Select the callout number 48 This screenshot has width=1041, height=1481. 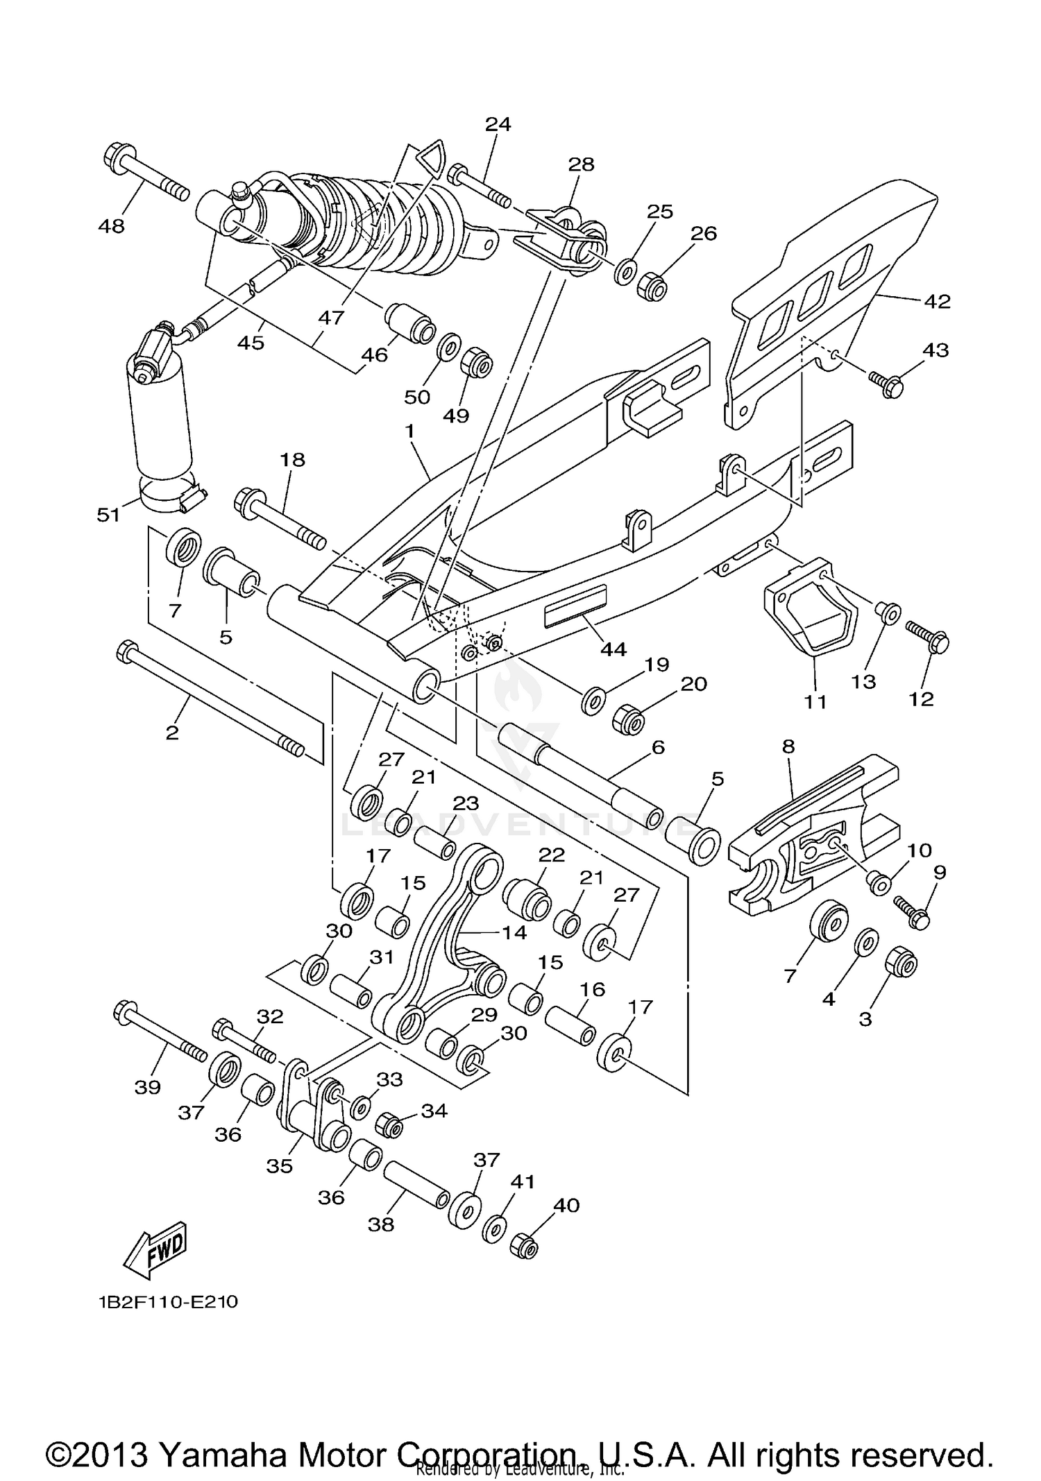[x=112, y=225]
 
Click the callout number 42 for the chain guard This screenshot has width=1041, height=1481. [x=937, y=301]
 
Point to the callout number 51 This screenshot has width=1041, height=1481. [x=109, y=514]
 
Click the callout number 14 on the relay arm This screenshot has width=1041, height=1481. [x=514, y=932]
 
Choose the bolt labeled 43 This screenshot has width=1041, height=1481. [x=886, y=383]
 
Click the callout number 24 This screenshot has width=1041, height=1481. [x=498, y=124]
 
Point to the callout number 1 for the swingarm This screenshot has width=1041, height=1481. [x=410, y=431]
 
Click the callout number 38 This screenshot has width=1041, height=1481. [x=382, y=1224]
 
